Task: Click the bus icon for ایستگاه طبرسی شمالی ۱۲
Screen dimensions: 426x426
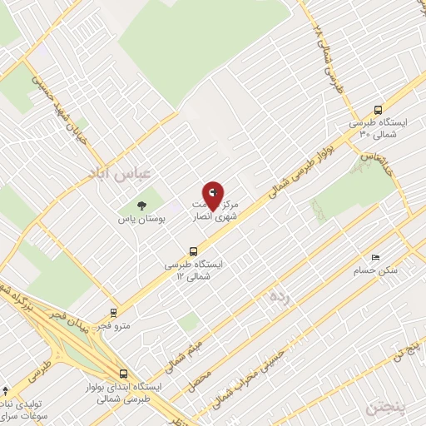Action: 194,250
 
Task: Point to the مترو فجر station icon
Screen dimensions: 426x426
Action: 113,313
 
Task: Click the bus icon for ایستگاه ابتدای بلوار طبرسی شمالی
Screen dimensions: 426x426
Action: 123,374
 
